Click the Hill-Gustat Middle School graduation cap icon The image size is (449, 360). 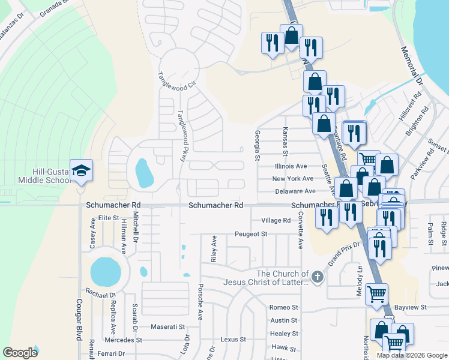(81, 170)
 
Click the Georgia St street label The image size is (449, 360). (257, 146)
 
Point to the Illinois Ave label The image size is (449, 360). (291, 166)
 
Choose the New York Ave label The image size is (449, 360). (292, 179)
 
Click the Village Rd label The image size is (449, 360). (276, 220)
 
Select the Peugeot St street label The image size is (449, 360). (251, 233)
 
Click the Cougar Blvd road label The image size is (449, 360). (78, 320)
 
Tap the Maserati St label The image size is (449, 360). (168, 327)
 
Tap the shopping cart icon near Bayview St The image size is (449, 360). (376, 294)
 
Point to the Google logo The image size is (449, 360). (20, 353)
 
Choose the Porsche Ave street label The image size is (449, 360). (200, 301)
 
